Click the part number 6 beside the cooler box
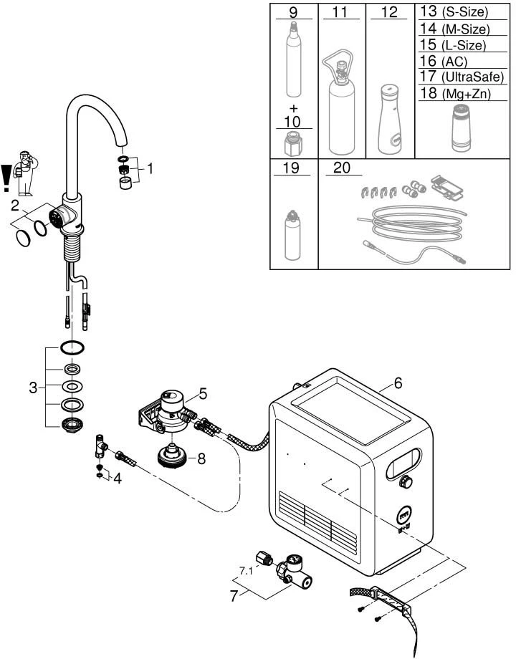398,383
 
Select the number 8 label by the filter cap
201,458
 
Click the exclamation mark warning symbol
7,179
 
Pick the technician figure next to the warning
26,173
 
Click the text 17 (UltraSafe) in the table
453,77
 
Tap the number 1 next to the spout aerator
150,169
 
